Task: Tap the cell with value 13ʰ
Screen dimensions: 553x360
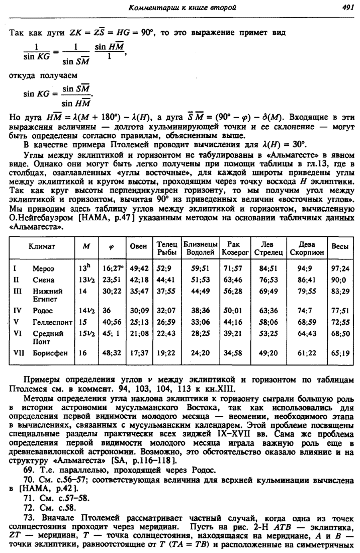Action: click(83, 267)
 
